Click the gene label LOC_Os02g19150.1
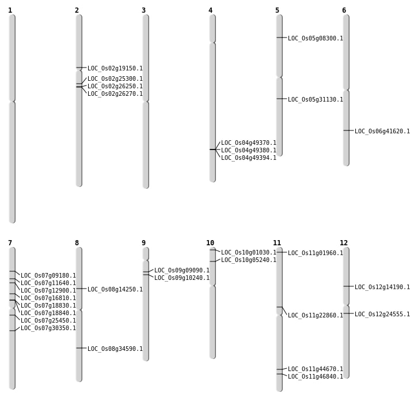(x=115, y=69)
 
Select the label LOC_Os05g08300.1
(x=315, y=39)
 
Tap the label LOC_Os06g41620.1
(x=382, y=132)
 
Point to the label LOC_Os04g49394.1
(x=248, y=158)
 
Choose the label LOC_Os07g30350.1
(x=48, y=328)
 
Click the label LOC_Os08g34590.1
(x=115, y=349)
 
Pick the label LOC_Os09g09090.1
(x=181, y=271)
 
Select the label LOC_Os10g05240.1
(x=248, y=260)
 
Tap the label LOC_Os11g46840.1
(x=315, y=377)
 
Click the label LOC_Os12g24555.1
(x=382, y=315)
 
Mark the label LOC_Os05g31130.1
(x=315, y=100)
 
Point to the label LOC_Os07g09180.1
(x=48, y=276)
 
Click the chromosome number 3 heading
(x=143, y=10)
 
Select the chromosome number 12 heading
(x=344, y=243)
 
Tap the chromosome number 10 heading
(x=210, y=243)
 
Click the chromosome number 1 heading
(x=10, y=10)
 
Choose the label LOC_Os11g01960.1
(x=315, y=253)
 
